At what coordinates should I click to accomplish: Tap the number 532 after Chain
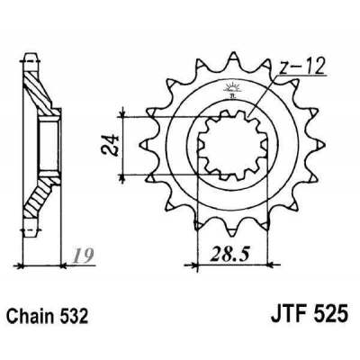click(x=78, y=319)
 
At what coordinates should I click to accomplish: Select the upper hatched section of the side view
click(x=40, y=90)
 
